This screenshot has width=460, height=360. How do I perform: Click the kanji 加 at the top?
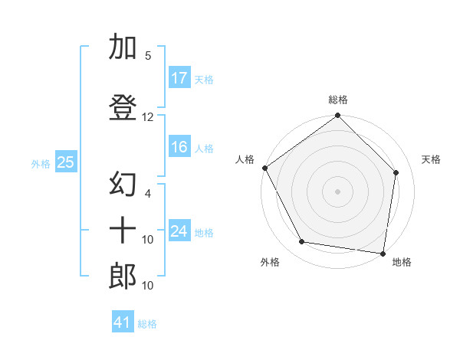[x=123, y=48]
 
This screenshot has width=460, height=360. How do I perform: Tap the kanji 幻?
[x=123, y=185]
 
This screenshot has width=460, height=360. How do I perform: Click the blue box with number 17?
[x=179, y=78]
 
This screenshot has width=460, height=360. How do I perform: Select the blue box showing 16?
[x=179, y=148]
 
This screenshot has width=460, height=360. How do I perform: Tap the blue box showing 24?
[x=179, y=231]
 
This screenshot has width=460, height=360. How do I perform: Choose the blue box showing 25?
[x=65, y=162]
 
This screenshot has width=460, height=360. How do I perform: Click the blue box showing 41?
[x=123, y=322]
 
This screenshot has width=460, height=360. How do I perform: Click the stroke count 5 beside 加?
[x=148, y=56]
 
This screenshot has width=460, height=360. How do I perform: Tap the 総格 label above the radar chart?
[x=338, y=100]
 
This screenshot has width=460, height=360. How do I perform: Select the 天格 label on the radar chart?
[x=432, y=159]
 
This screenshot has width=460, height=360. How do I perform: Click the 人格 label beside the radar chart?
[x=245, y=159]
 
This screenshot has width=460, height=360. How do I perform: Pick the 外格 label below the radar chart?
[x=270, y=262]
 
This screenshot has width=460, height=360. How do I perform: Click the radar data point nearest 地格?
[x=383, y=253]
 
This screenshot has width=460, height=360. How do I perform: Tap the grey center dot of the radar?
[x=337, y=190]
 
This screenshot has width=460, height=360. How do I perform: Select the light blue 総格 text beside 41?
[x=147, y=323]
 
